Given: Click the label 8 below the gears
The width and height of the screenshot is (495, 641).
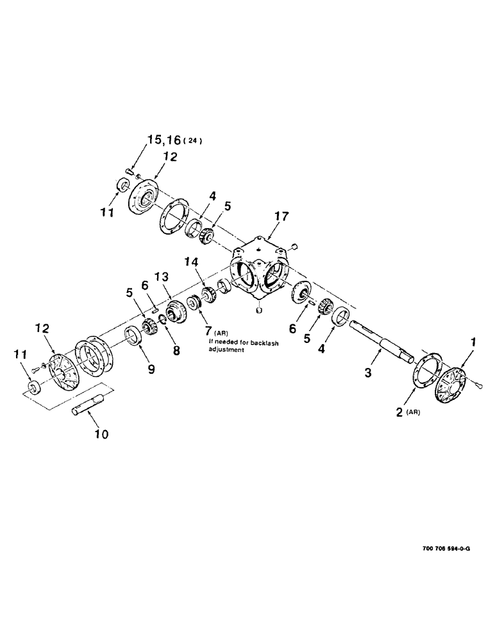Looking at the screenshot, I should coord(176,351).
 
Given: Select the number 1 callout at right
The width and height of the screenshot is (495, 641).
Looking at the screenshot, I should coord(473,345).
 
